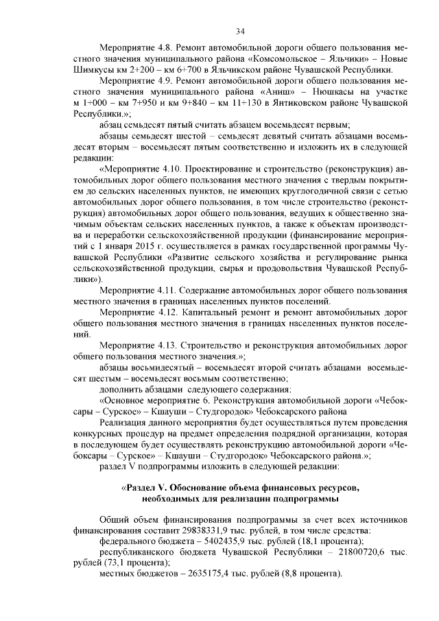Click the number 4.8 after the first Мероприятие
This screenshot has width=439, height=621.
coord(164,49)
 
